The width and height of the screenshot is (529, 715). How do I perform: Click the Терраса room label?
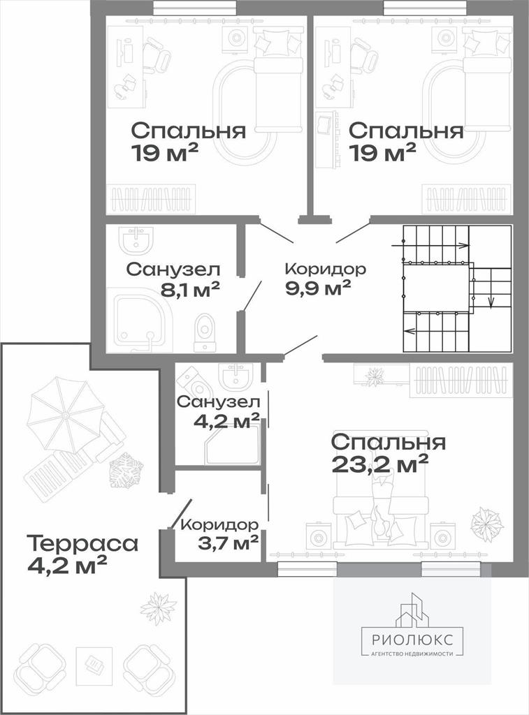tap(82, 543)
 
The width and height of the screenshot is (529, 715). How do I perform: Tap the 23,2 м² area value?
tap(380, 464)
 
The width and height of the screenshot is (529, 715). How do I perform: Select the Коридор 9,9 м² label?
tap(325, 279)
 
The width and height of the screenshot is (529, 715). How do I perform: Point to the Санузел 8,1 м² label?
tap(173, 279)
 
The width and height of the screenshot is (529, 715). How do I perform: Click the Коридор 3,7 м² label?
tap(220, 533)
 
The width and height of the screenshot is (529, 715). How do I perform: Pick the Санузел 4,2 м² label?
tap(219, 412)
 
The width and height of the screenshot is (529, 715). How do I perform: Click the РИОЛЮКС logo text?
tap(412, 640)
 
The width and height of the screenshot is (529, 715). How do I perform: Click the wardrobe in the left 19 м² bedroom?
tap(151, 199)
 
